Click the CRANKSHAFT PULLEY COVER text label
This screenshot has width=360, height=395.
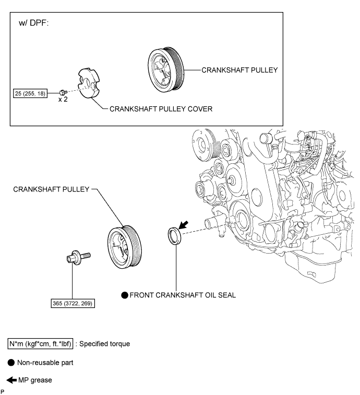tap(160, 110)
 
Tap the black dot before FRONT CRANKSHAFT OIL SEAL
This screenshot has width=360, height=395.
tap(125, 295)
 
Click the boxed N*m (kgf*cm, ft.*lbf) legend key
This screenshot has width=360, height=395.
tap(40, 344)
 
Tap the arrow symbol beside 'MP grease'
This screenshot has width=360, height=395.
tap(11, 380)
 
